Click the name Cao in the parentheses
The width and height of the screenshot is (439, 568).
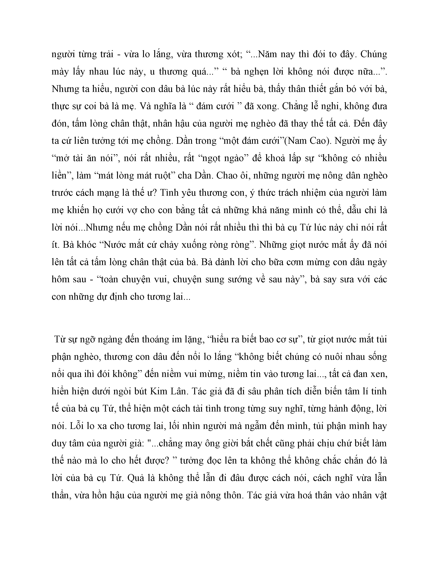319,141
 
